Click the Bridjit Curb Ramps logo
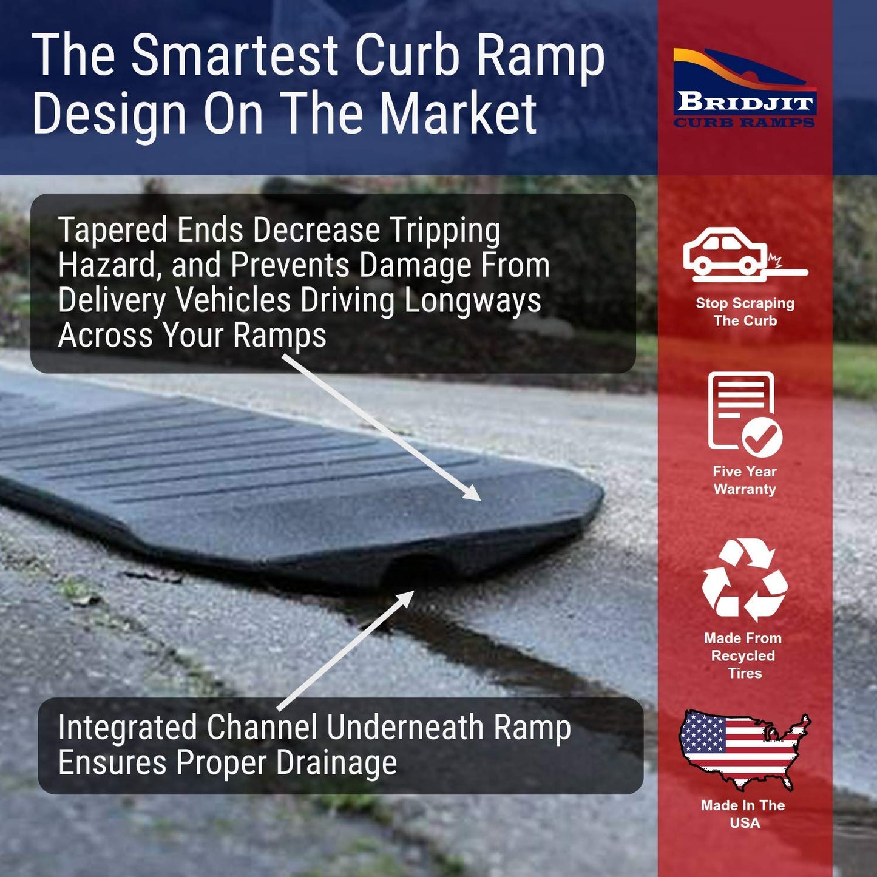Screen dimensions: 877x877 (745, 89)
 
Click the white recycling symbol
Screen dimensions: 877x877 (745, 579)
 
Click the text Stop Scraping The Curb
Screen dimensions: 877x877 (745, 312)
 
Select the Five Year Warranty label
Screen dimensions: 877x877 (745, 480)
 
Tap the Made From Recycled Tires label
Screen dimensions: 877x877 (743, 655)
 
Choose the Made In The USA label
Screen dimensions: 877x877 (743, 814)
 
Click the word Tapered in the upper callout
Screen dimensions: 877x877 (112, 231)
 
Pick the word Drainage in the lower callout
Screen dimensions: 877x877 (336, 763)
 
